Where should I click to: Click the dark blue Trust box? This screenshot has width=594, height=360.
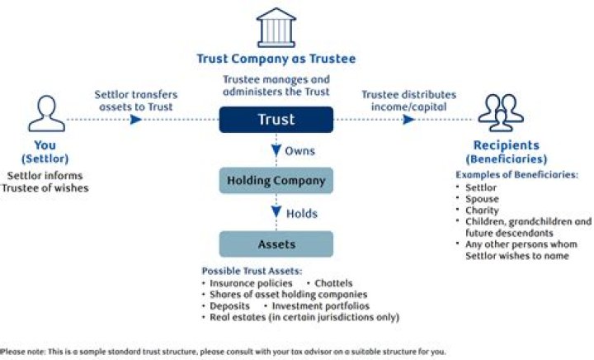point(276,120)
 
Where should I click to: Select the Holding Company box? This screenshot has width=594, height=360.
point(276,180)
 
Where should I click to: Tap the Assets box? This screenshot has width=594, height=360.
point(276,244)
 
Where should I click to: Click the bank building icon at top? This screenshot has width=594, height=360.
point(276,28)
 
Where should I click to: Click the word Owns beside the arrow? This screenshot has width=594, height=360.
point(300,151)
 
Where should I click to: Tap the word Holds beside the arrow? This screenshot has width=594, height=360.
point(301,212)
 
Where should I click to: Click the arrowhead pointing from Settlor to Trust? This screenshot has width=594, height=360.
point(137,120)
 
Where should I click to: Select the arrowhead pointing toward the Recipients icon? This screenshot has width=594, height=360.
point(408,120)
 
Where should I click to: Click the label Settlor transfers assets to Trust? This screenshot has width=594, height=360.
point(135,100)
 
